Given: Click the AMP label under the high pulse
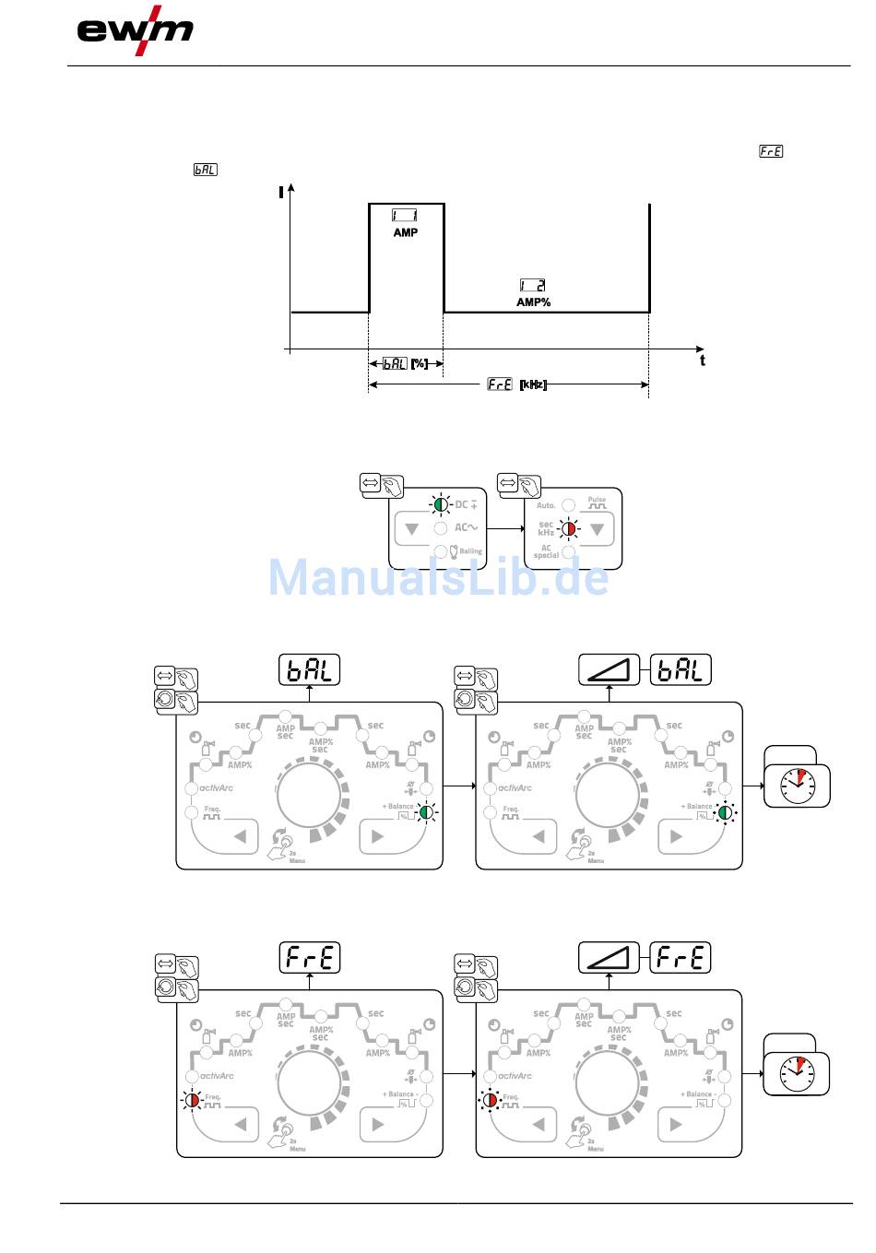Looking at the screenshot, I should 406,233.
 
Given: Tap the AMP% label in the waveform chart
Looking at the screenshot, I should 533,302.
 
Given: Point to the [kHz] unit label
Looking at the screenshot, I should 533,384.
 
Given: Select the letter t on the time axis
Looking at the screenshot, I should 703,361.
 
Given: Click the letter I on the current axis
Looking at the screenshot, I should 280,193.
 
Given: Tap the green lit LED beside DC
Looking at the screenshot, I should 440,504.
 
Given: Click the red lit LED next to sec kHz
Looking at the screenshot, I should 570,528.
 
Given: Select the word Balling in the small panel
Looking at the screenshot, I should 470,551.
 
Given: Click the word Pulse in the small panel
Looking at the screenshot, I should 598,500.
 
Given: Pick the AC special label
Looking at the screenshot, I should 546,551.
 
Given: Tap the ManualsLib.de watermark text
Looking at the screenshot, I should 438,577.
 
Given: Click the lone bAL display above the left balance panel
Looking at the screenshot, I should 310,669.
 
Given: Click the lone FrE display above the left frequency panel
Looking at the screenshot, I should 310,957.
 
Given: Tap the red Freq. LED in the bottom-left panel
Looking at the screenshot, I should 192,1100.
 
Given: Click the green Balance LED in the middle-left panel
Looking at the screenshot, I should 426,812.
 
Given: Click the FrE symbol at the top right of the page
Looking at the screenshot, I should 771,151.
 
